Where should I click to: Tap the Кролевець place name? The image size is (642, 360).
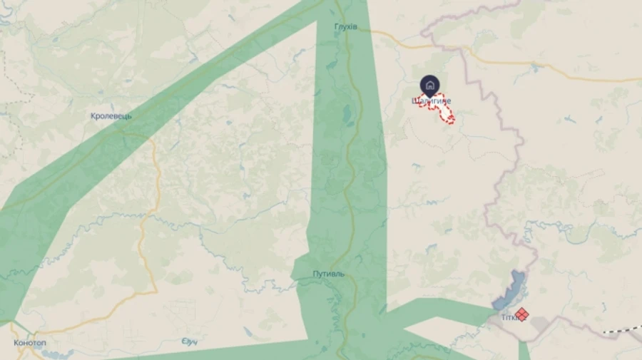click(111, 116)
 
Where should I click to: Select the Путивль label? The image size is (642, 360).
click(328, 274)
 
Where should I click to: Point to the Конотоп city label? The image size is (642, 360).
click(31, 343)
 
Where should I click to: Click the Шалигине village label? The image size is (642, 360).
click(431, 101)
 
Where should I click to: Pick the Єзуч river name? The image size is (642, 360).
click(188, 342)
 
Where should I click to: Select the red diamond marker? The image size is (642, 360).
click(522, 314)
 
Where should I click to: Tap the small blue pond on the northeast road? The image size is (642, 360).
click(534, 69)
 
